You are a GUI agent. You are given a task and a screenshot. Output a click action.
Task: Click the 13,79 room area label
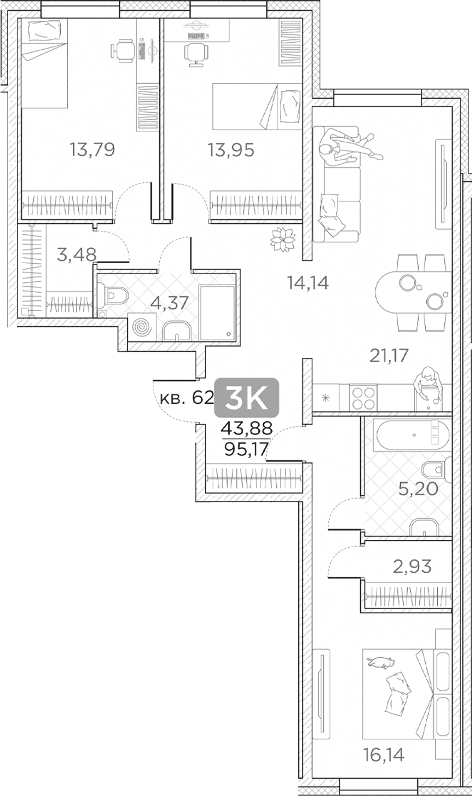[93, 150]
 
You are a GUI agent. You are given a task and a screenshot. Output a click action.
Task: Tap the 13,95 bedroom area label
[231, 150]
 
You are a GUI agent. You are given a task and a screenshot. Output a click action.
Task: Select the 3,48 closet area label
[77, 255]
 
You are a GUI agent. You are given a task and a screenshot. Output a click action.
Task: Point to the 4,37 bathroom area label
[169, 303]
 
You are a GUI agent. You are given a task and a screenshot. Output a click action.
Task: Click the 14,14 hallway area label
[308, 283]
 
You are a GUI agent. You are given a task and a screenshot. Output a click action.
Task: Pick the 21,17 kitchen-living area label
[389, 355]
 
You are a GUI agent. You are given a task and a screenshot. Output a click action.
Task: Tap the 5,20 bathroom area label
[418, 489]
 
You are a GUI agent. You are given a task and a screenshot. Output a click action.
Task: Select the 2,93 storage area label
[412, 566]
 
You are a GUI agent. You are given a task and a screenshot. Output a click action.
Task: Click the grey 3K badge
[247, 397]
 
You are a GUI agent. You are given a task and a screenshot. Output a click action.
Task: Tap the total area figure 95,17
[246, 450]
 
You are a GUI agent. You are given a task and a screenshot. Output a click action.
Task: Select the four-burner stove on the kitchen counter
[363, 397]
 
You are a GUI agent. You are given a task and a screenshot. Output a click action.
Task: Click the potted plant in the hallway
[283, 239]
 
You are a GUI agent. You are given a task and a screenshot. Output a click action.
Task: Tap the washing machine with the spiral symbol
[141, 326]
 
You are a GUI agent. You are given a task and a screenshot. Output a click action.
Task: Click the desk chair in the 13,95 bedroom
[196, 54]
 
